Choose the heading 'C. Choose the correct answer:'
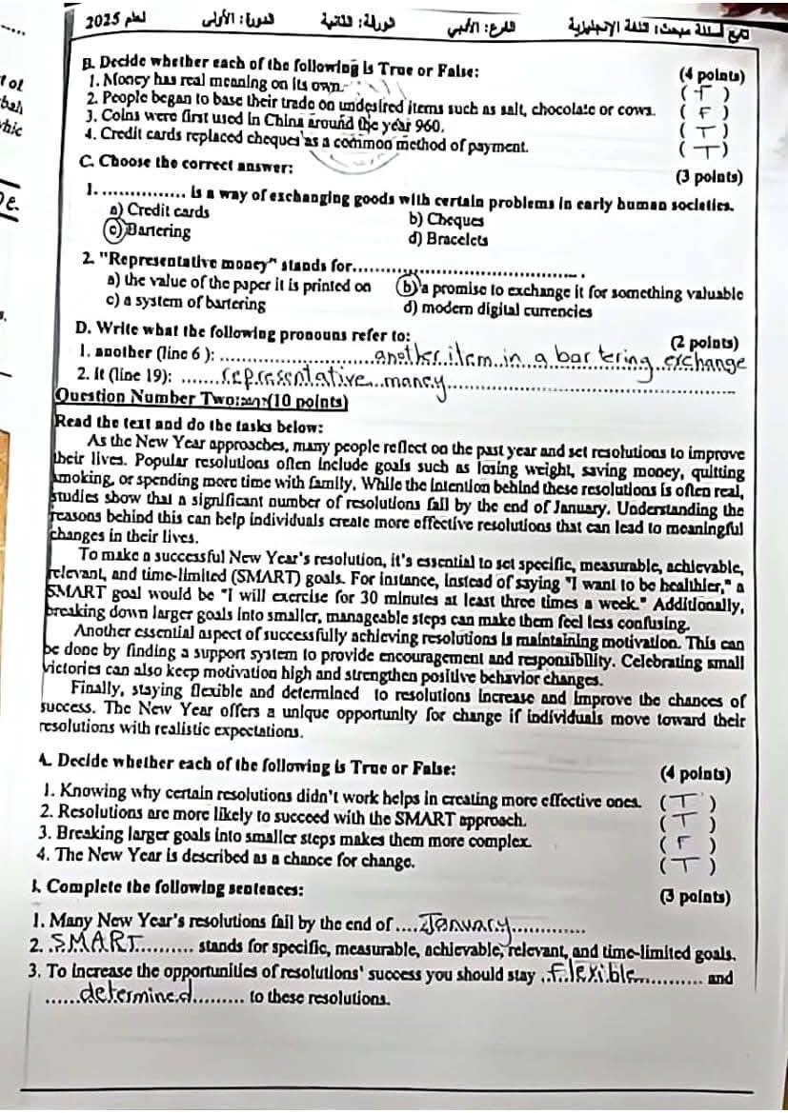pyautogui.click(x=187, y=166)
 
